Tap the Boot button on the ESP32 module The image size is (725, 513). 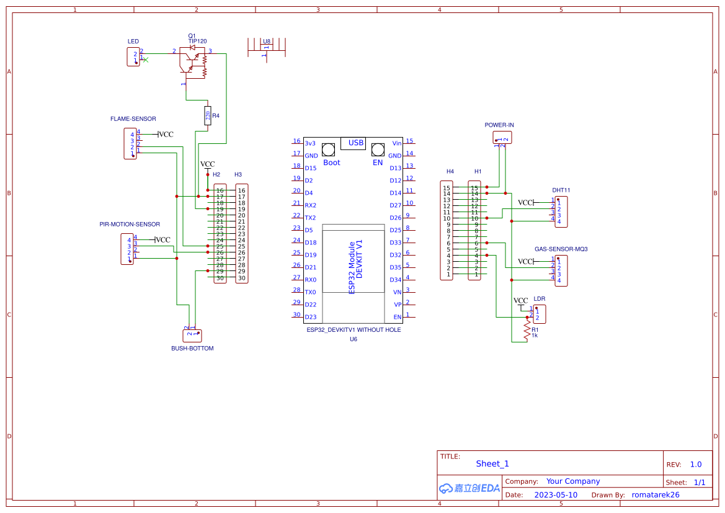point(329,149)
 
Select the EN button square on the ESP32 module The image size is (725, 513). point(377,149)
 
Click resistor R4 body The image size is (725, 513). point(207,115)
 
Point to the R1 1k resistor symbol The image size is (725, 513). point(527,329)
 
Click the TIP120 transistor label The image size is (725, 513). point(197,41)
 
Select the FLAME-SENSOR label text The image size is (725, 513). point(133,118)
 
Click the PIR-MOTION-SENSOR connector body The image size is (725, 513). point(127,249)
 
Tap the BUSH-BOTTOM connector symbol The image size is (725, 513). point(192,335)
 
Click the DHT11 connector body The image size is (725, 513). point(561,211)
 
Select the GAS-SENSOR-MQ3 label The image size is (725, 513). point(561,249)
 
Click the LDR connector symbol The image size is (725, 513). point(539,314)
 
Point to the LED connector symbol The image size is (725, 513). point(133,56)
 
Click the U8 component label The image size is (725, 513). point(266,42)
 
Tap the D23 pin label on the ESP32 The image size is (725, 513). point(311,317)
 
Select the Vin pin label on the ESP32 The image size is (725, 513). point(397,143)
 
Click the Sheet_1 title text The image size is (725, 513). point(492,463)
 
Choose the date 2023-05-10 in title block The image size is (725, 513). point(556,495)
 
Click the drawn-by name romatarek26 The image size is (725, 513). point(656,495)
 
